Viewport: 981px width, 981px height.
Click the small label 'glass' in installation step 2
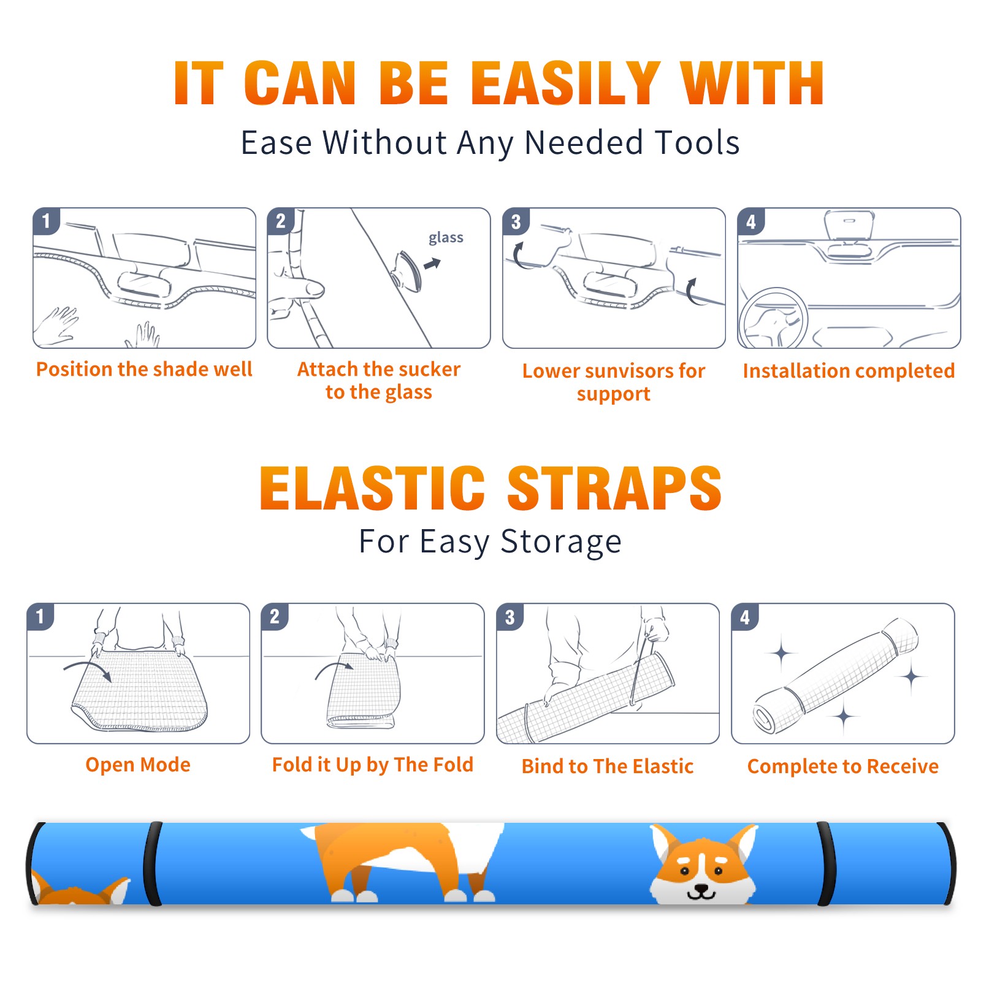[446, 237]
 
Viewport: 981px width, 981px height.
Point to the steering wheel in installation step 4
[774, 319]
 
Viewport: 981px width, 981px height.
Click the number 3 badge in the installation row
[516, 221]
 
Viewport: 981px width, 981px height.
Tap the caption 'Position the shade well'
[144, 369]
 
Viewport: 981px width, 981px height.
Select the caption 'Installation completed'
[849, 371]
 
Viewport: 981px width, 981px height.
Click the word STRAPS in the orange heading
[614, 488]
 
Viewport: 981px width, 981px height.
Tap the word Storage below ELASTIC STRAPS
[561, 542]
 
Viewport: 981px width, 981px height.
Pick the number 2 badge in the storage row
[275, 616]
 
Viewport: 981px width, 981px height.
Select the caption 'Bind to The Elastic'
[608, 766]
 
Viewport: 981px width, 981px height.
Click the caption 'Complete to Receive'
[843, 766]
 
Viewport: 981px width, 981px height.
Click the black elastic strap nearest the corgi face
[826, 864]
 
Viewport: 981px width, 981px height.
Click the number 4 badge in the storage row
[745, 617]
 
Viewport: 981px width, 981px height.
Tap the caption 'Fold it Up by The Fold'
[373, 765]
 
